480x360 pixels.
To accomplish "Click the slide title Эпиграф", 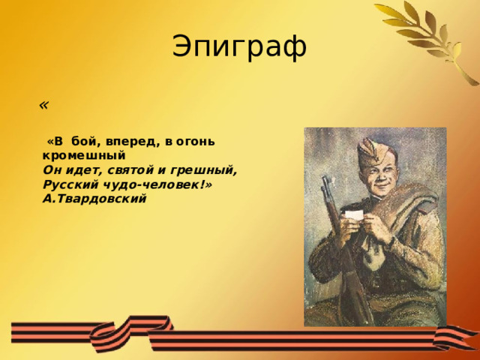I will [x=239, y=46].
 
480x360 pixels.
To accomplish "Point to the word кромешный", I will [x=83, y=156].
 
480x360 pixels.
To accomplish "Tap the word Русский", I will [x=68, y=184].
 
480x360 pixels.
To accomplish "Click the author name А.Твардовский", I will [x=94, y=199].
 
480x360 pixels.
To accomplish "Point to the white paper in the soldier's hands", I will [x=354, y=216].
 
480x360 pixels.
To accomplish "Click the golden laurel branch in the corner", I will [x=431, y=37].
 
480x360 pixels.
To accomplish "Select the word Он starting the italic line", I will [x=52, y=170].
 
